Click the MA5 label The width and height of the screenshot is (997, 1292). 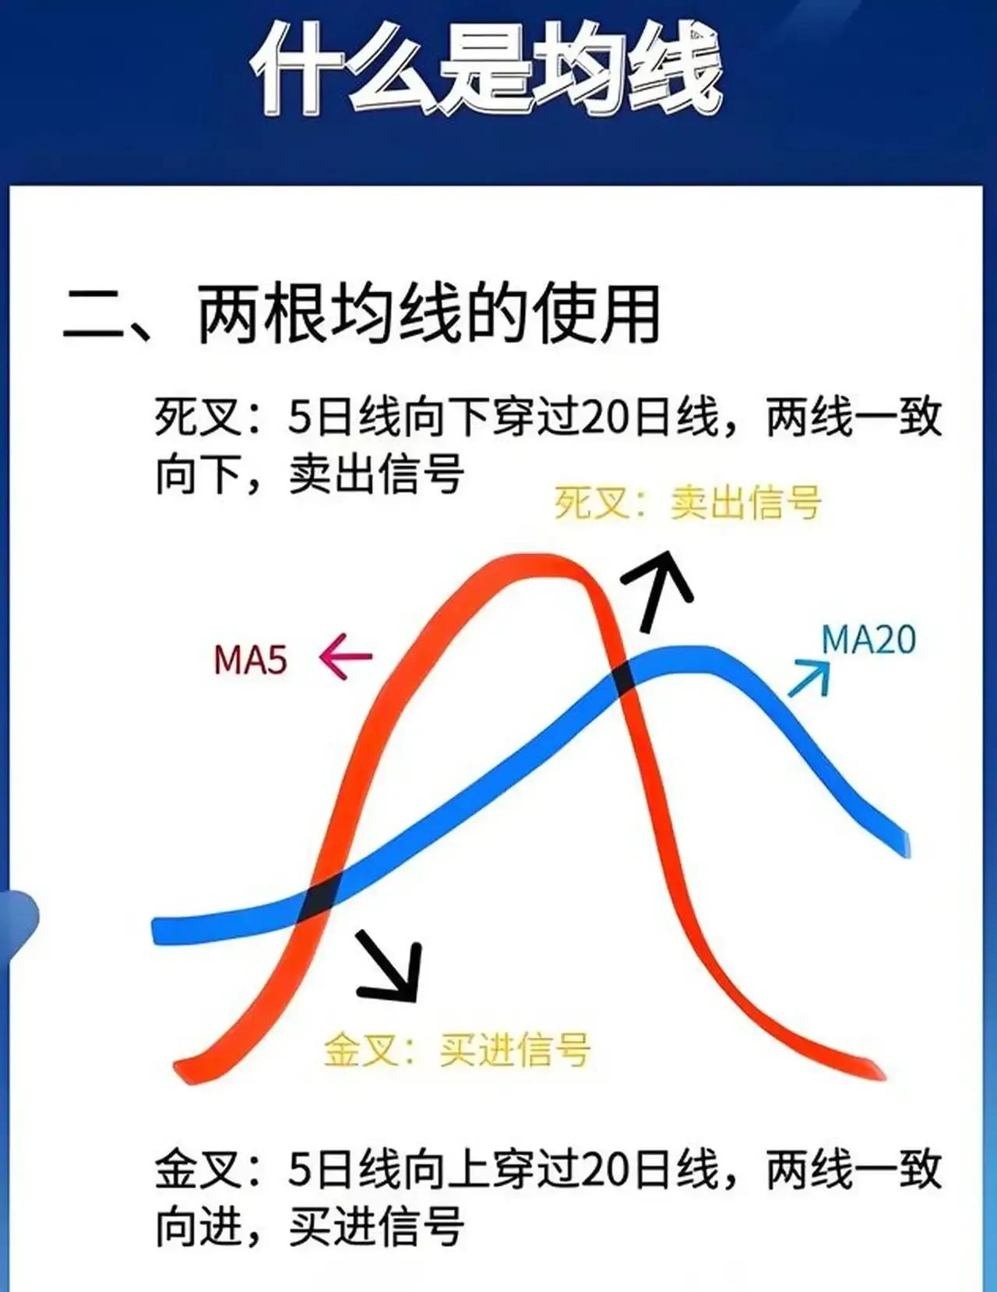click(250, 660)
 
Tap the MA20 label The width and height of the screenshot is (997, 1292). click(868, 641)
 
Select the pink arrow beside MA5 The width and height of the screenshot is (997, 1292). click(345, 657)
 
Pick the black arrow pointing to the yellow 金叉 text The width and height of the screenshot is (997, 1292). click(389, 968)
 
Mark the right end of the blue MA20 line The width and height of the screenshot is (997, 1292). click(906, 843)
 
